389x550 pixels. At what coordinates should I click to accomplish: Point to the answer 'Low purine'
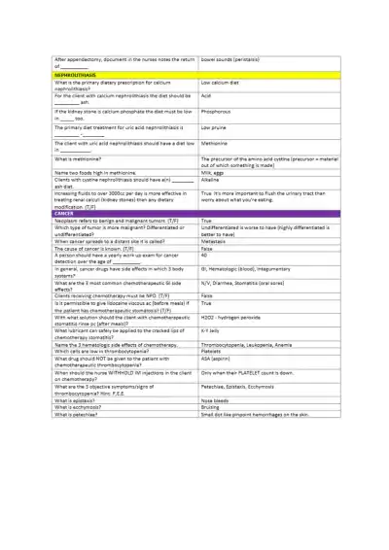tap(215, 127)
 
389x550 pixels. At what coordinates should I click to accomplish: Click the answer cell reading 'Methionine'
tap(216, 143)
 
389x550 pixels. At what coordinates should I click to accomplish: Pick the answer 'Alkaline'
tap(211, 180)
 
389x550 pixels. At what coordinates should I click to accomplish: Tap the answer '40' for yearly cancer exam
tap(204, 256)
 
